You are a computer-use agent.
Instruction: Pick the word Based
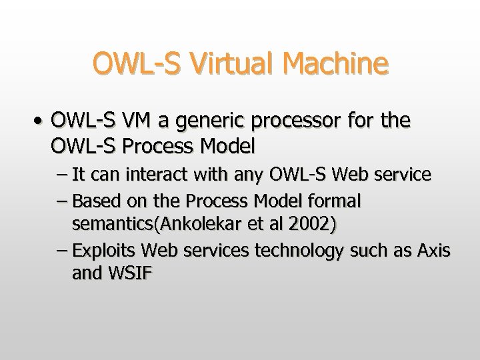[x=91, y=200]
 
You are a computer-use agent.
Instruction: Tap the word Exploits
[x=101, y=251]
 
